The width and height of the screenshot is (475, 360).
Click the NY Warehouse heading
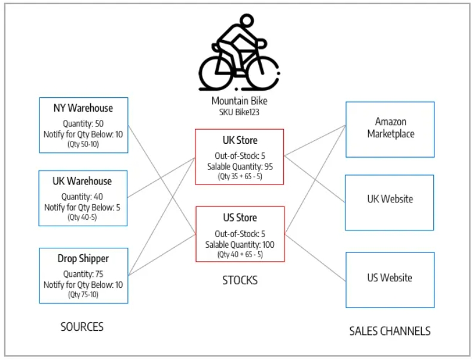click(x=83, y=108)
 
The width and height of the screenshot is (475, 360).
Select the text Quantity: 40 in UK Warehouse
click(x=82, y=197)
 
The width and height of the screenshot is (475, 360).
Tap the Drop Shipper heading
click(x=83, y=259)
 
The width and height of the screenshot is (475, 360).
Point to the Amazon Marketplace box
click(x=390, y=130)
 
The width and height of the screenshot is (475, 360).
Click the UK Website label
click(x=390, y=199)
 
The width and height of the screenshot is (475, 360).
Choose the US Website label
click(x=390, y=278)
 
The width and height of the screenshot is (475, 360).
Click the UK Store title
click(x=240, y=140)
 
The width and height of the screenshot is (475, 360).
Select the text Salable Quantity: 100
click(x=240, y=245)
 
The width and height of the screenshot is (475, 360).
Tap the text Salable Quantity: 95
click(x=240, y=167)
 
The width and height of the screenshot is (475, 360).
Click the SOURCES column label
click(x=82, y=327)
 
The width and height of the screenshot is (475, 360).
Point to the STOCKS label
click(x=240, y=281)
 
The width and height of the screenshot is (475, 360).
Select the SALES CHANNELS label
click(x=390, y=331)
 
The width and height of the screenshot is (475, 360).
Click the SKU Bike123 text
click(x=240, y=112)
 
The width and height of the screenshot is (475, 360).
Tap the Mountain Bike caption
click(x=240, y=101)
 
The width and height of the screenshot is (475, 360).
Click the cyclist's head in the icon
click(x=247, y=20)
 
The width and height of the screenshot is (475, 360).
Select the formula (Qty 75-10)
click(x=83, y=294)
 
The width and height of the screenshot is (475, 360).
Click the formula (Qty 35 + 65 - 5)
click(x=240, y=177)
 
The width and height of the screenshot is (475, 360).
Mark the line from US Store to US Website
click(x=315, y=258)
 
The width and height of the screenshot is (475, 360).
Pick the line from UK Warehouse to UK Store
click(x=161, y=178)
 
